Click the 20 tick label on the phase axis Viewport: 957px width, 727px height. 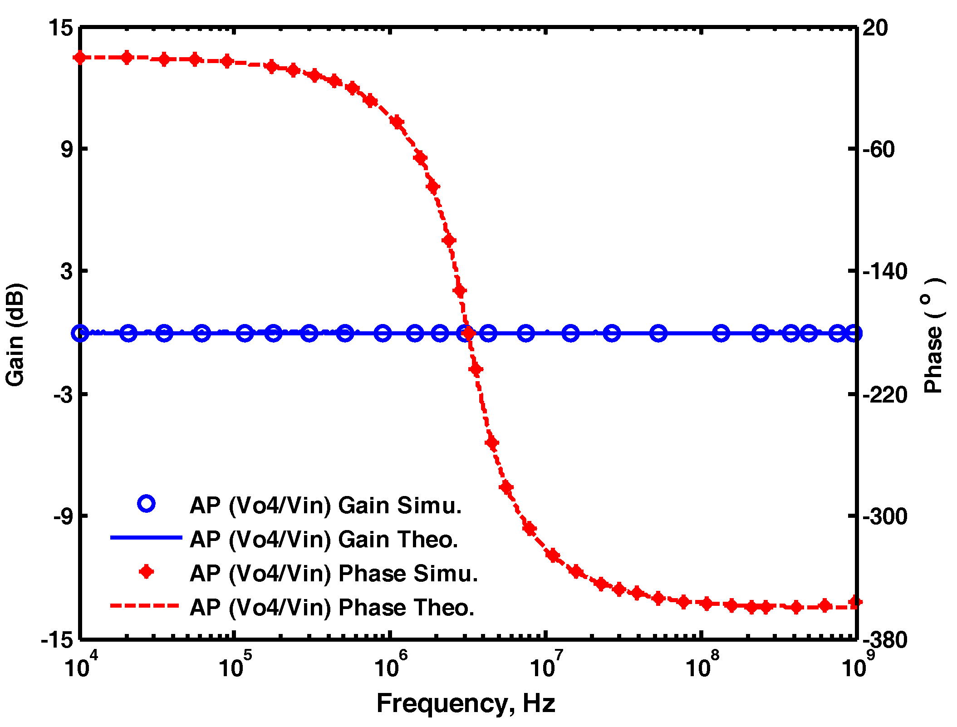875,28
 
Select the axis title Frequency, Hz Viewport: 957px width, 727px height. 466,704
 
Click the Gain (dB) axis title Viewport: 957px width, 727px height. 15,334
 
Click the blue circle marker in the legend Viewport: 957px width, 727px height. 147,504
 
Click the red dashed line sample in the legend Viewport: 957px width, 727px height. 146,606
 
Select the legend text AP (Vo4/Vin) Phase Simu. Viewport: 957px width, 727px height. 334,573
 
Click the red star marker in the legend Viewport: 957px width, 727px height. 146,572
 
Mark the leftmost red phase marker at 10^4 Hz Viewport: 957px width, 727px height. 80,58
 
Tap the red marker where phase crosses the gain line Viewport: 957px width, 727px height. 468,334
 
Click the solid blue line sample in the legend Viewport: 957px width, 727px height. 146,538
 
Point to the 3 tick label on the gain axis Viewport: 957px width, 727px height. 67,271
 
